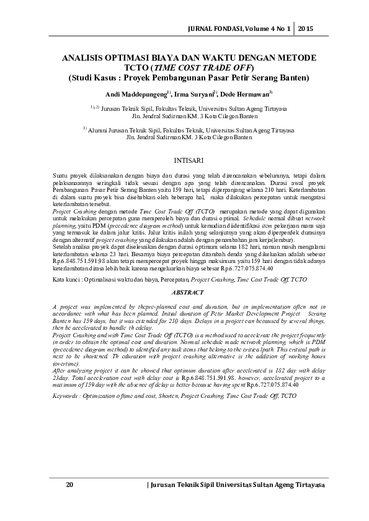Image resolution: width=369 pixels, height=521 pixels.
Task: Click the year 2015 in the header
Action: coord(306,28)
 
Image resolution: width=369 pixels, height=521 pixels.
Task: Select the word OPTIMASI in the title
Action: coord(123,58)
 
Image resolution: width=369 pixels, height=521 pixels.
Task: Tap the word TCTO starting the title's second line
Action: coord(138,67)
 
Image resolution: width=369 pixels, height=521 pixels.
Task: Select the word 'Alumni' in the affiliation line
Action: coord(100,131)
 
